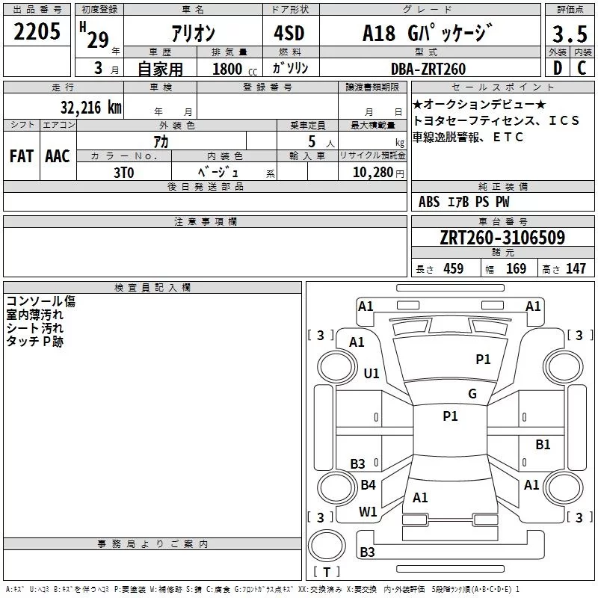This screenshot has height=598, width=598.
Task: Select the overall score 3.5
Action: [x=570, y=35]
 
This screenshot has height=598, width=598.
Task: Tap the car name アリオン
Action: [x=193, y=33]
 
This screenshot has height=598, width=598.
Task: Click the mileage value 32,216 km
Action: [x=91, y=107]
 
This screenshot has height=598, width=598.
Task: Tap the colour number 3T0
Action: [x=124, y=170]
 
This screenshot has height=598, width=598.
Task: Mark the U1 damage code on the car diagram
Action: [x=372, y=373]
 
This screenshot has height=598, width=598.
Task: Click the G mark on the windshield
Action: [x=472, y=394]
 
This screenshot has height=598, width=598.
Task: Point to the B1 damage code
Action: [x=543, y=445]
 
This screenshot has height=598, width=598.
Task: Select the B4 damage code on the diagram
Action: [x=368, y=485]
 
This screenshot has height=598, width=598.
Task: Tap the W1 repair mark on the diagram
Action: [x=368, y=511]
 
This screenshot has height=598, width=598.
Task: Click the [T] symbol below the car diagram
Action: [x=326, y=573]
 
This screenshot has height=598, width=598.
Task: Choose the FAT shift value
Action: [x=21, y=156]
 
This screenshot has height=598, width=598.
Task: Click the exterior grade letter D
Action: [x=557, y=68]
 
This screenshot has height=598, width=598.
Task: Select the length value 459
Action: [x=452, y=269]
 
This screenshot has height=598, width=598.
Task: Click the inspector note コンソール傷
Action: [x=40, y=301]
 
